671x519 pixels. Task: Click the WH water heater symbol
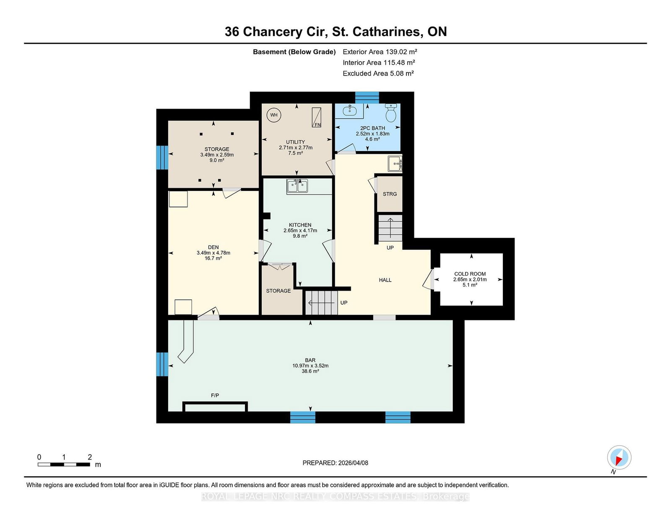(x=273, y=115)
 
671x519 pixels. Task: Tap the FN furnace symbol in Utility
(x=317, y=117)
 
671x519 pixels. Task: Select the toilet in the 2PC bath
(x=391, y=113)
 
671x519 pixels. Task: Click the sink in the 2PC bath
(x=350, y=111)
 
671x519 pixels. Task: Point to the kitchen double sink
(x=297, y=187)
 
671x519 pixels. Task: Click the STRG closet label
(x=390, y=194)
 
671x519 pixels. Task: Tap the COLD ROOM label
(x=470, y=274)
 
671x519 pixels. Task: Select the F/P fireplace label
(x=215, y=395)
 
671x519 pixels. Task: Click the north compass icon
(x=619, y=457)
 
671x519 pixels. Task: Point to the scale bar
(x=64, y=464)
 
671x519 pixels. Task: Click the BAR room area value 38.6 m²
(x=310, y=371)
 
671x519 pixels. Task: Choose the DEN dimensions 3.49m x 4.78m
(x=213, y=253)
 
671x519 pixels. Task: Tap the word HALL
(x=385, y=280)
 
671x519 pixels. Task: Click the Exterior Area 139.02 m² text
(x=380, y=52)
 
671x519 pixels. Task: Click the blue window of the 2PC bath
(x=367, y=97)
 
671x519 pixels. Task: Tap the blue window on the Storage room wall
(x=162, y=158)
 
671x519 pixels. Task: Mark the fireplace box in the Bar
(x=215, y=407)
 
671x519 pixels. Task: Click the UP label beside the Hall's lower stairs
(x=344, y=303)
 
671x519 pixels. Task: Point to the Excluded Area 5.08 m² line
(x=378, y=73)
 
